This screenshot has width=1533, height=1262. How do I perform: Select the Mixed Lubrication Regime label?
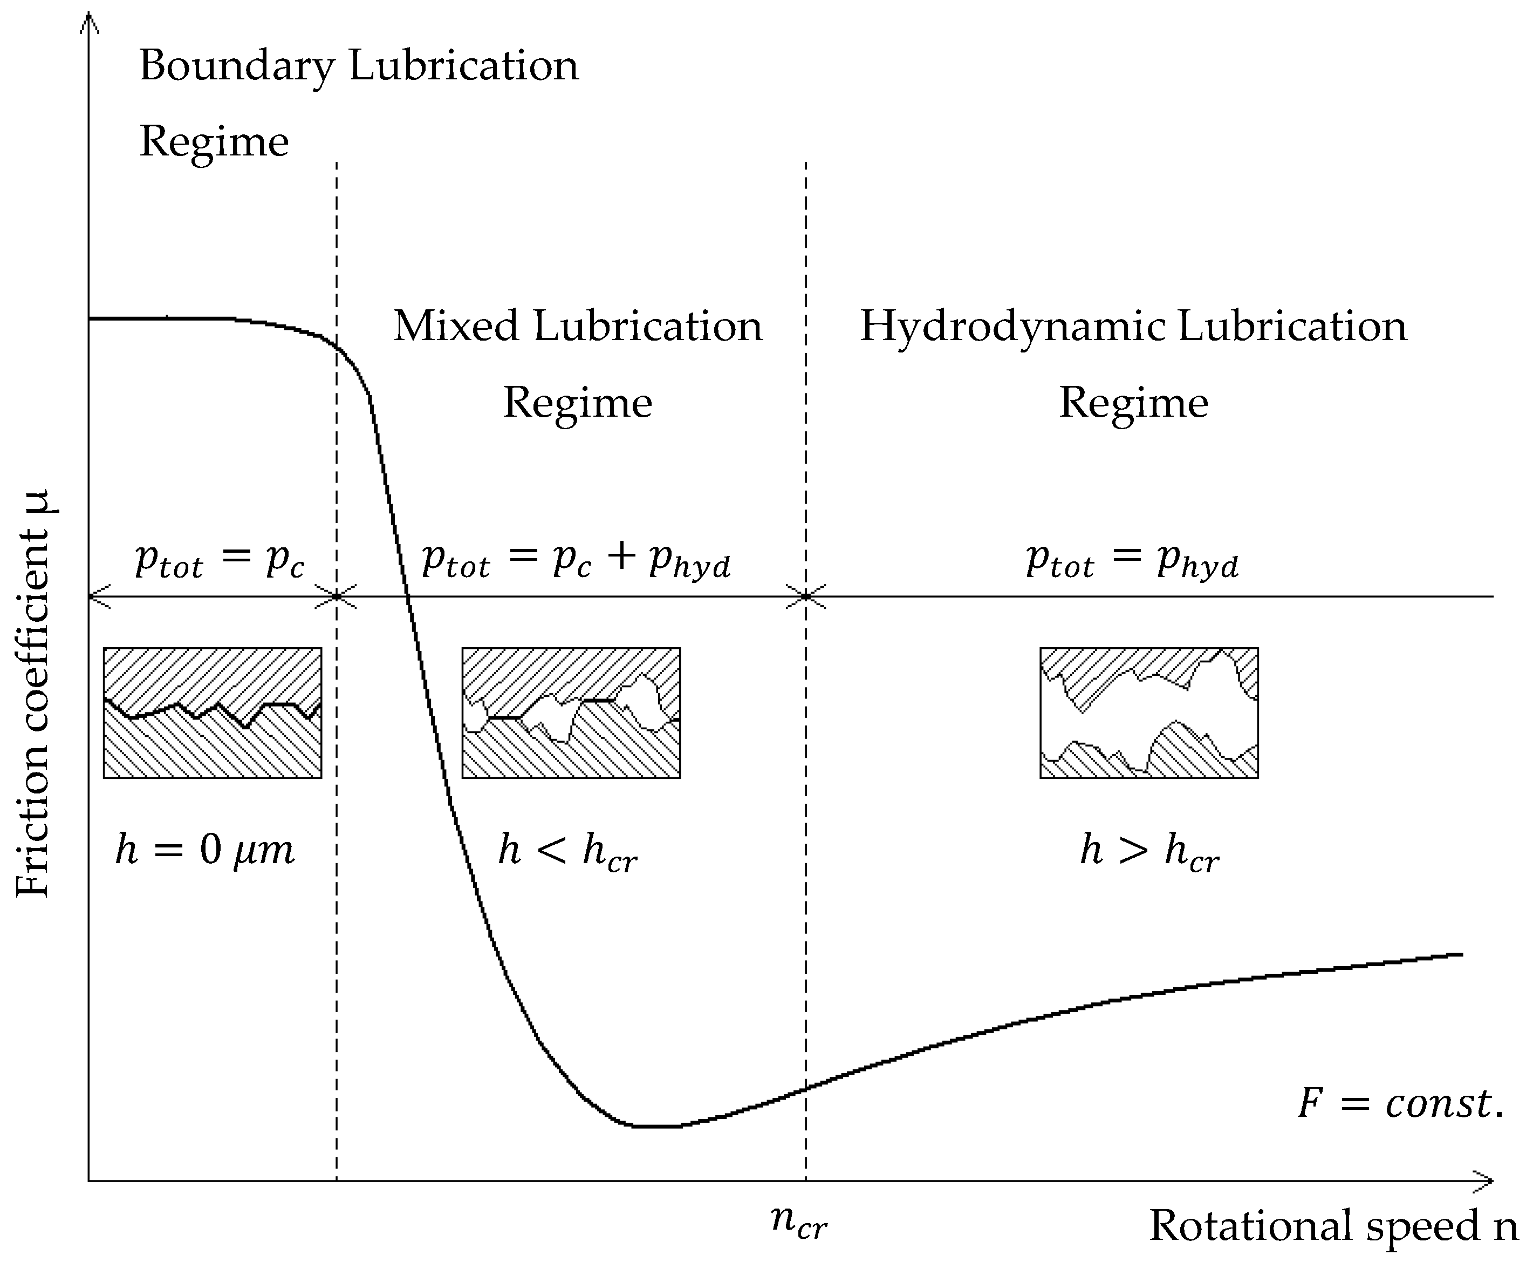[578, 363]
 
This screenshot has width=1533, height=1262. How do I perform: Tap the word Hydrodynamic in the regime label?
[1013, 327]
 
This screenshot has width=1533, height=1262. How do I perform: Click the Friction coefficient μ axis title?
[33, 694]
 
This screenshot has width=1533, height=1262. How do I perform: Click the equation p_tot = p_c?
[220, 560]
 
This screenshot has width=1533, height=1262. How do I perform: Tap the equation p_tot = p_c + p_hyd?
[576, 560]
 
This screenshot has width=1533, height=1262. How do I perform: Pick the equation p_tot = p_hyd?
[1132, 560]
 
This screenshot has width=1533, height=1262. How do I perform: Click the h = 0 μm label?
[205, 849]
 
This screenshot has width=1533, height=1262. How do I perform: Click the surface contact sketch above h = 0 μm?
[212, 713]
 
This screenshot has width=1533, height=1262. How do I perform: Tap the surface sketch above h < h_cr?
[571, 713]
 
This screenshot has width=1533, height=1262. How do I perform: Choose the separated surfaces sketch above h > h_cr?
[1148, 713]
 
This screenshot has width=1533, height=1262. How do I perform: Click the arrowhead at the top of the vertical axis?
[88, 22]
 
